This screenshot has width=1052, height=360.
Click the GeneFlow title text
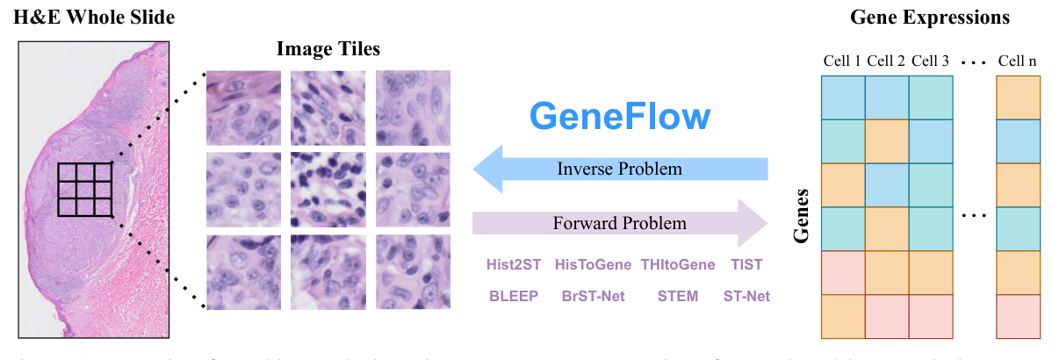(x=619, y=117)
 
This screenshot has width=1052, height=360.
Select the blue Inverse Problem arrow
(x=619, y=169)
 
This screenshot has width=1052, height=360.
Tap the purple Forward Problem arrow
(x=619, y=223)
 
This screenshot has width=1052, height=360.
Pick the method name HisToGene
(x=593, y=264)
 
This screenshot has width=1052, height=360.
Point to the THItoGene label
(x=677, y=264)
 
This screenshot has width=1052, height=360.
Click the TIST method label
(x=746, y=264)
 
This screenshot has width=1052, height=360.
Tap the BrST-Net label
(x=593, y=296)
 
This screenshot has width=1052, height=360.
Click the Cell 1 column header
(x=841, y=61)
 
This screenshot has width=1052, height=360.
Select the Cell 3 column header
(x=930, y=61)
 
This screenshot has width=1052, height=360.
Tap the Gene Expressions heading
(x=930, y=18)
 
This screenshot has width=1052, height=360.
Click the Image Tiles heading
(x=328, y=48)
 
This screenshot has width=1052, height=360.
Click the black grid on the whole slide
(x=85, y=190)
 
